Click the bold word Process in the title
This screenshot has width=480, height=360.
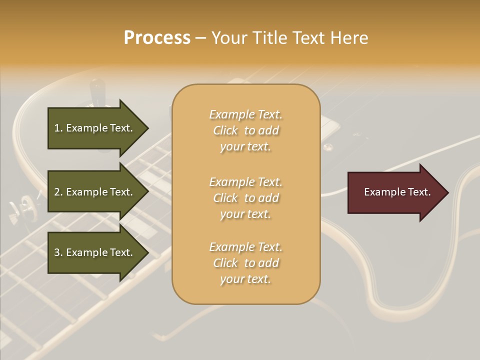coord(157,38)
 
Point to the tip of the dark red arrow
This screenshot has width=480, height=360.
coord(447,192)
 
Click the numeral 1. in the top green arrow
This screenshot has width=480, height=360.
coord(58,128)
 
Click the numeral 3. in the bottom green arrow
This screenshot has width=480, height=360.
coord(58,252)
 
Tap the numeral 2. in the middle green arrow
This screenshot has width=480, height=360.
coord(58,192)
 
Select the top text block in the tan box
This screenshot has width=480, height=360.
coord(245,130)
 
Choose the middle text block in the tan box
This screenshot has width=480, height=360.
coord(245,198)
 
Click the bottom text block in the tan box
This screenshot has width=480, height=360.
coord(245,263)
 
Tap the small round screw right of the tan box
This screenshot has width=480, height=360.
coord(328,146)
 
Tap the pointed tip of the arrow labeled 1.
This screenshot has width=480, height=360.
coord(147,128)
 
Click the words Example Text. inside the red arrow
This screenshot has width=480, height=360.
coord(397,192)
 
